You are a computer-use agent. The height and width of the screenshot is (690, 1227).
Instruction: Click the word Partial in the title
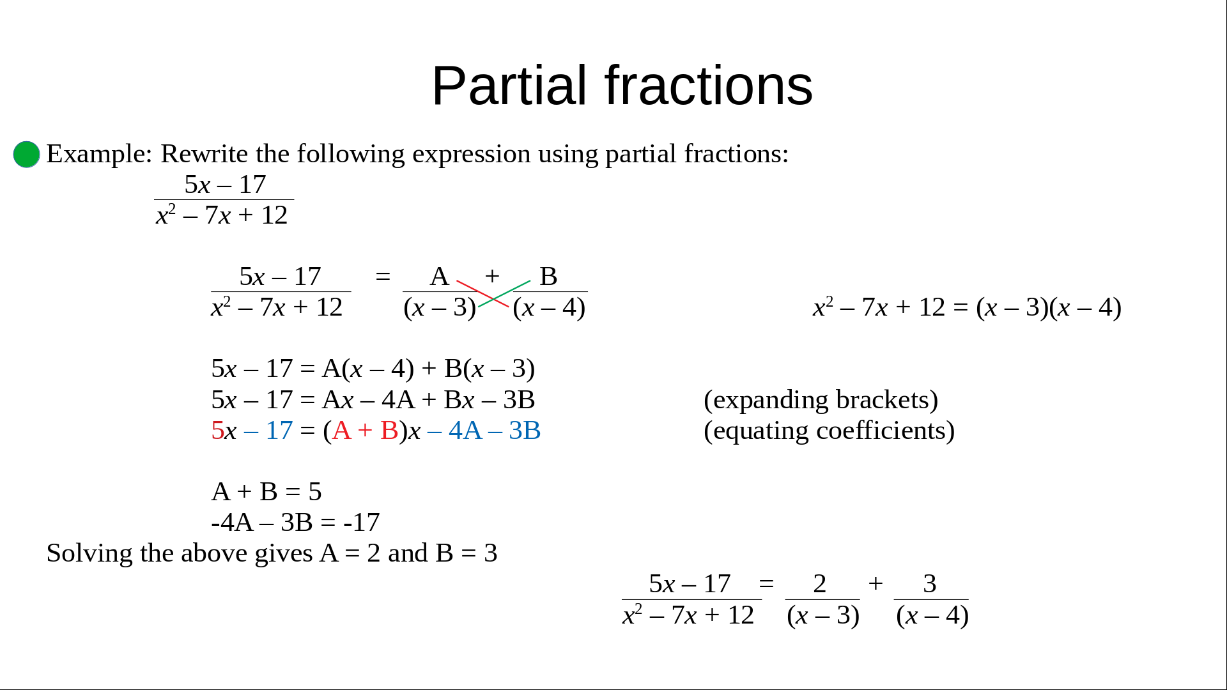click(x=509, y=86)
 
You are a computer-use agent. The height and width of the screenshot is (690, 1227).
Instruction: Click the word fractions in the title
click(x=709, y=86)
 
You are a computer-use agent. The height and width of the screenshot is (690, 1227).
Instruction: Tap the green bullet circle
click(x=27, y=155)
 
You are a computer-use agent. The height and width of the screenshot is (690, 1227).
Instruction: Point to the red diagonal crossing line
click(x=482, y=294)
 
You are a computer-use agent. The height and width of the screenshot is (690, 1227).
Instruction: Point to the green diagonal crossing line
click(x=504, y=294)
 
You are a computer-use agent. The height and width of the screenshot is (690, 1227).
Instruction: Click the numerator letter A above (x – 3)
click(x=439, y=277)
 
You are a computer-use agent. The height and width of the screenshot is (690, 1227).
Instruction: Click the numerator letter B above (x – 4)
click(x=548, y=277)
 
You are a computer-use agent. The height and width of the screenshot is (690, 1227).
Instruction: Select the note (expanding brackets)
click(x=821, y=400)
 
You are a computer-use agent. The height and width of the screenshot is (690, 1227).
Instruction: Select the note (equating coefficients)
click(x=829, y=431)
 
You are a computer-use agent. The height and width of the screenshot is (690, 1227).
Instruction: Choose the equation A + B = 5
click(x=266, y=492)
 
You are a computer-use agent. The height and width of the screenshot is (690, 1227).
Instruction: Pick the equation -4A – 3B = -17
click(x=296, y=523)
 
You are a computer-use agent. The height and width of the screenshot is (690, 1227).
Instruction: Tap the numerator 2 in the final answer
click(x=820, y=584)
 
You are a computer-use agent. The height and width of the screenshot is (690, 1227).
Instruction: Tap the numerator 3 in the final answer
click(x=930, y=584)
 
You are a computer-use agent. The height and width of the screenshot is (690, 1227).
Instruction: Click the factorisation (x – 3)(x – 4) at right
click(x=1049, y=308)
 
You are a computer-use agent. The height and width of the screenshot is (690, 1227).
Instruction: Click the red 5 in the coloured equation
click(x=217, y=431)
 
